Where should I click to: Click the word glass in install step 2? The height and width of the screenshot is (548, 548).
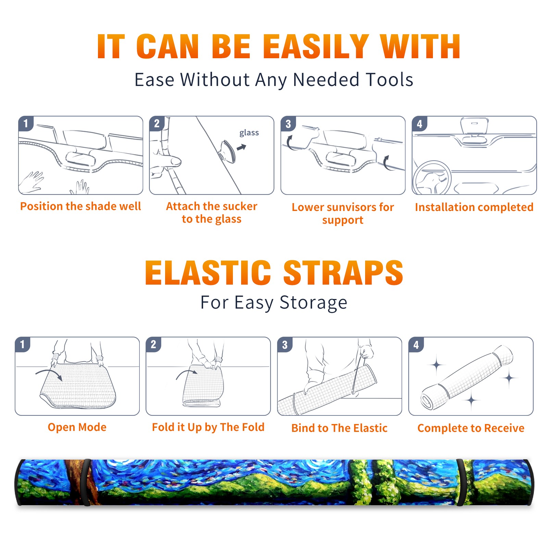(249, 133)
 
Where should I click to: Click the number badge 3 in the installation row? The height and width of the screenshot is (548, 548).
(288, 124)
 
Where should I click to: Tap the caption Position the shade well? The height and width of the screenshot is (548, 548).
(80, 206)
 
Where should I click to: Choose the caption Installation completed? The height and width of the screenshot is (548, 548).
(474, 207)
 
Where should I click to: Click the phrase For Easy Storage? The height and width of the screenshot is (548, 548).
(274, 302)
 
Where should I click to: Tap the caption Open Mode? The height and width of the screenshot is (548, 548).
(77, 427)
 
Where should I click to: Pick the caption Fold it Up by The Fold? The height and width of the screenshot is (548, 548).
(208, 427)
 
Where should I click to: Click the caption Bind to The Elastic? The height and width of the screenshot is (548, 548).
(339, 428)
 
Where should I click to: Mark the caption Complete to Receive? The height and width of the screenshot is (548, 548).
(471, 428)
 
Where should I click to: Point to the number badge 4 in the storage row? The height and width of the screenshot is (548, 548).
(416, 345)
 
